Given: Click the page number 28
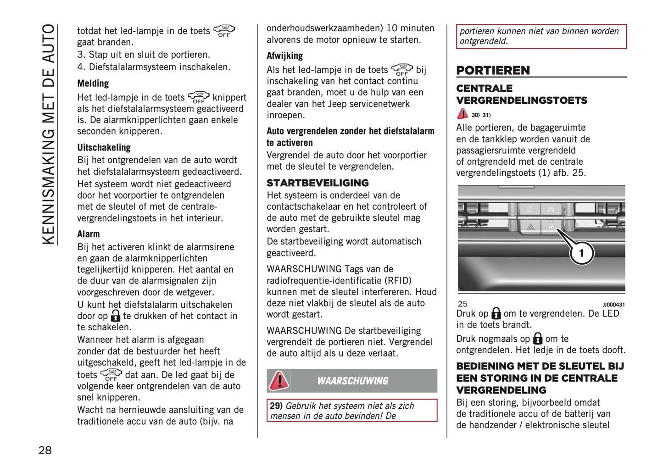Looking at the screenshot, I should point(45,450).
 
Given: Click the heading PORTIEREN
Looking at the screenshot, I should point(493,70).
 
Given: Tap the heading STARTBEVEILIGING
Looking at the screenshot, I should point(318,183).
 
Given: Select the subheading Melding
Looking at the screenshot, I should point(93,83).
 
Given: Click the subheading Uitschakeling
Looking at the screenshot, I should point(104,147).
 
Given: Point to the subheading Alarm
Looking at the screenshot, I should point(88,234).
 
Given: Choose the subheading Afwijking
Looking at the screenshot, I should point(284,56).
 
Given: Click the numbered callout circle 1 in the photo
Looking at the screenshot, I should point(581,253).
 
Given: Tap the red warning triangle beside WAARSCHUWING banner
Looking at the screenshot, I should point(279,380).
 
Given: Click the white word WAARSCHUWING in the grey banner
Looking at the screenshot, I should point(352,381).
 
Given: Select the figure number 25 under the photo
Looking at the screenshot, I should point(462,304).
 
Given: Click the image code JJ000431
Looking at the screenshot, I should point(613,305).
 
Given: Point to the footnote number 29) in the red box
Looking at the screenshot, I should point(276,406).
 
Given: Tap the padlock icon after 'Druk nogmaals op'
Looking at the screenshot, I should point(538,339).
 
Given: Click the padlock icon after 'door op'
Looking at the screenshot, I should point(116,316).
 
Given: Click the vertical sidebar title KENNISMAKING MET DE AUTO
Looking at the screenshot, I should point(48,134).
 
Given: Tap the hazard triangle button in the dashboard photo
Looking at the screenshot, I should point(530,227).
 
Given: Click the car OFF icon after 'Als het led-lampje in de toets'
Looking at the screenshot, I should point(402,70).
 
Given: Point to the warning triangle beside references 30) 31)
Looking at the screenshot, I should point(462,113).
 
